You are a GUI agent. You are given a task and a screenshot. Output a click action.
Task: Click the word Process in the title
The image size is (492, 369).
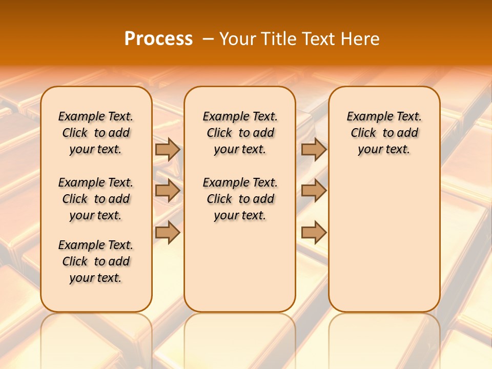tap(158, 38)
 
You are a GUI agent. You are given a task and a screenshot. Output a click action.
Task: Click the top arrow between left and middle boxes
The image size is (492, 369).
tap(168, 149)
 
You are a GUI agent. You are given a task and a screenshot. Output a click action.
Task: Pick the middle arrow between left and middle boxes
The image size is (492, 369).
tap(168, 191)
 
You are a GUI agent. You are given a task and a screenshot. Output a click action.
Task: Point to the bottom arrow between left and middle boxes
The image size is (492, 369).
tap(168, 233)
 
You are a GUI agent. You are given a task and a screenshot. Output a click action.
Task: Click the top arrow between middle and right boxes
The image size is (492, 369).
tap(314, 149)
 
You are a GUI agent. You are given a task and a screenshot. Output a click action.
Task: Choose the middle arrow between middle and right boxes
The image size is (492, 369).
tap(314, 191)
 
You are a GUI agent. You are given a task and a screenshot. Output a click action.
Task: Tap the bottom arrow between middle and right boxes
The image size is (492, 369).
tap(314, 233)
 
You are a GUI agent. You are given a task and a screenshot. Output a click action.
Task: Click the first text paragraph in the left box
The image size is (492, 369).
tap(96, 133)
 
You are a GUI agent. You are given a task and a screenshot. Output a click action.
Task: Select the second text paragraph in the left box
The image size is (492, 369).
tap(96, 199)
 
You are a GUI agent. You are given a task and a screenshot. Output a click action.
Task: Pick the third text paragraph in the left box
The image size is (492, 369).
tap(96, 261)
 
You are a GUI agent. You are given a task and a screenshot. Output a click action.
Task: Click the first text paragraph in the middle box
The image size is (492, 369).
tap(240, 133)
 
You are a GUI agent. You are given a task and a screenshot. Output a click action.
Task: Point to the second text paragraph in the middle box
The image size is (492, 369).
tap(240, 199)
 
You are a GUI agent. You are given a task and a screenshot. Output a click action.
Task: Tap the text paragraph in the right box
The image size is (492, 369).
tap(384, 133)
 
